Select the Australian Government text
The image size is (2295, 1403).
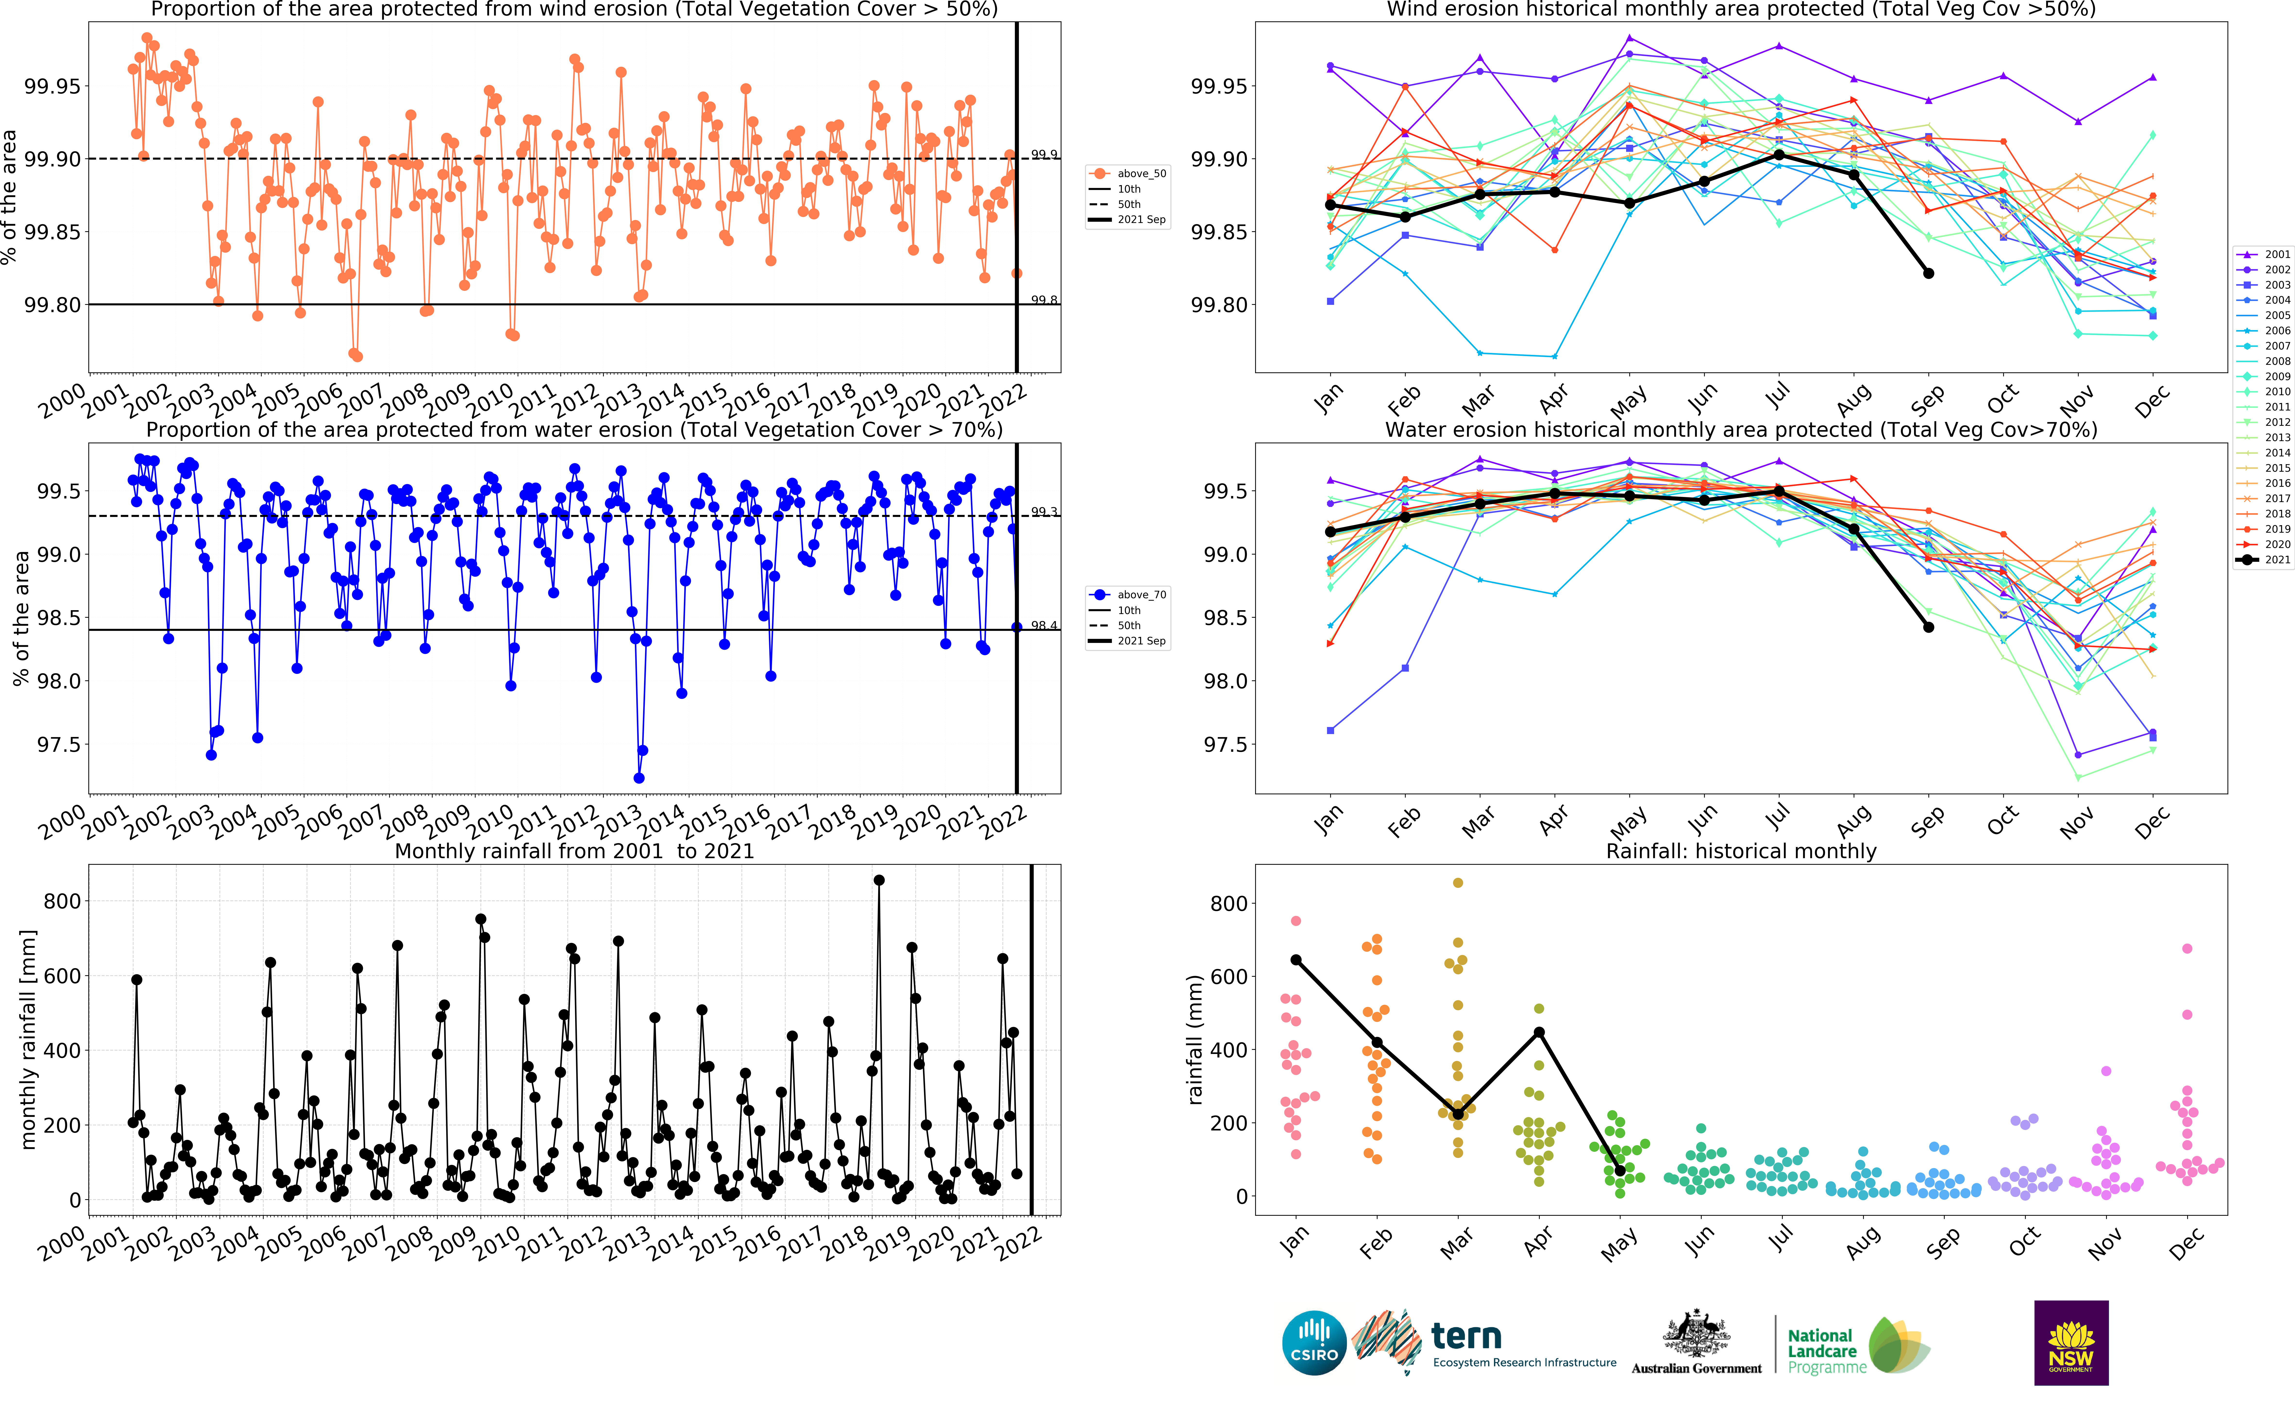click(x=1696, y=1369)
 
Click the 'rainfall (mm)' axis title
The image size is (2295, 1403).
click(x=1195, y=1040)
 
